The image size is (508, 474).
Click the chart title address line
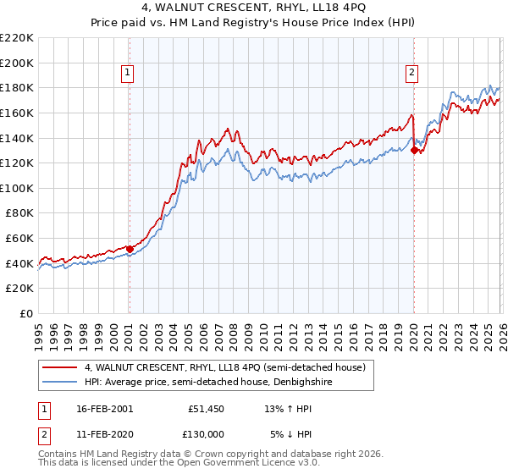coord(254,8)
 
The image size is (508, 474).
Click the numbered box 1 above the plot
coord(128,74)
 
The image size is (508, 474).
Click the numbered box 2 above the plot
coord(412,74)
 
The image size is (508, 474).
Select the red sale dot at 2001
coord(130,249)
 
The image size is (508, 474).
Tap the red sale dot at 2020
coord(414,151)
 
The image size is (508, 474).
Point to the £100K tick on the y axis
coord(17,188)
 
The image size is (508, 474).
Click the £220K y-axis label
coord(17,37)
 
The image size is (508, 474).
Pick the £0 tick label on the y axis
coord(25,313)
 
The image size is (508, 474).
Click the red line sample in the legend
coord(60,367)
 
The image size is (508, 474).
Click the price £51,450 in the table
coord(206,408)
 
